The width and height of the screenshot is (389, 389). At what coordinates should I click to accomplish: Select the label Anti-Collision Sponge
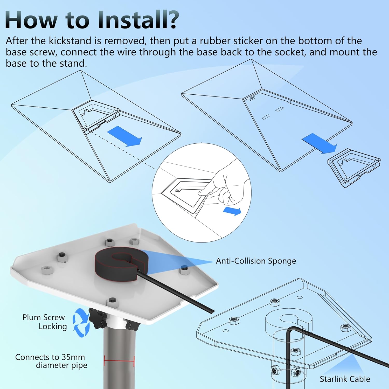[x=256, y=261]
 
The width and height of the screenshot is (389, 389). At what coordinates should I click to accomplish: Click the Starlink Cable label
[x=345, y=379]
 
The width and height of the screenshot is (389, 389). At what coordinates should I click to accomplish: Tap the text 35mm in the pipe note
[x=73, y=357]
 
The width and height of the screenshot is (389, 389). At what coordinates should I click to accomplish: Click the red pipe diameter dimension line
[x=119, y=361]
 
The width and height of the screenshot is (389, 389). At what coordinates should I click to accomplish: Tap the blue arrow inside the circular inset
[x=232, y=211]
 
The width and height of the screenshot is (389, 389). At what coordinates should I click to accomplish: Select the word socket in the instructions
[x=290, y=52]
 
